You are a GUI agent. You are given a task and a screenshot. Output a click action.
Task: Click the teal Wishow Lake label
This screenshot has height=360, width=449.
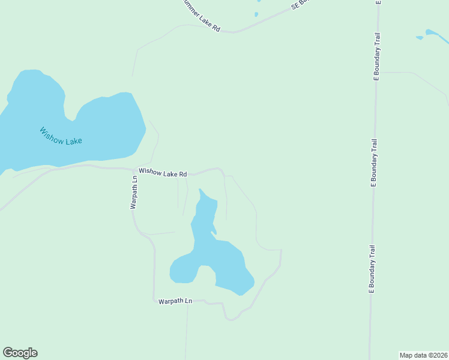61,136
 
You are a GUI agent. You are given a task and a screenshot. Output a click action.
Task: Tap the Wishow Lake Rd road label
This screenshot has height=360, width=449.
163,173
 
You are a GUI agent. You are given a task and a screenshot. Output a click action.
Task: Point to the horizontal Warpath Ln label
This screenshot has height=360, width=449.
175,301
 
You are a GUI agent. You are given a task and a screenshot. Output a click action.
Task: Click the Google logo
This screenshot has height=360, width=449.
20,353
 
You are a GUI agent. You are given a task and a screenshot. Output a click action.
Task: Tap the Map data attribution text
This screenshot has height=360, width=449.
423,355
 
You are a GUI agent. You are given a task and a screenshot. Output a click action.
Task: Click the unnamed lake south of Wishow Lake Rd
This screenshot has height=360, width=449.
216,258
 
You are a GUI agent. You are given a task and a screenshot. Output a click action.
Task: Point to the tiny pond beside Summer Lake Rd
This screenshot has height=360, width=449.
256,14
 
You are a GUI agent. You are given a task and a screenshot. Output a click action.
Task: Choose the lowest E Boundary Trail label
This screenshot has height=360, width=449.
372,269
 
